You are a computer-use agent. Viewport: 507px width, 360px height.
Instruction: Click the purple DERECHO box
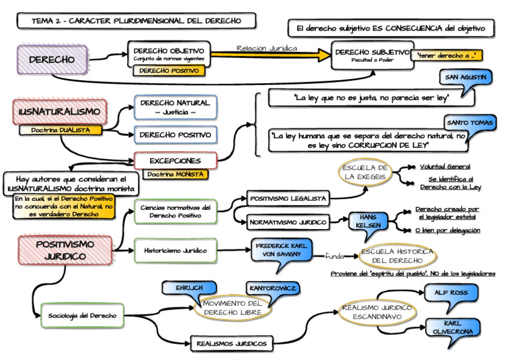coord(52,60)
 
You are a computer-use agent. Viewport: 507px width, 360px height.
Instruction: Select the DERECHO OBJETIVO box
coord(169,54)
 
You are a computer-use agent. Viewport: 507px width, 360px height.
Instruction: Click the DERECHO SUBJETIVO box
coord(372,55)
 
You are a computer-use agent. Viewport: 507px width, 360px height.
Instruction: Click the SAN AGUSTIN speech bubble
coord(466,78)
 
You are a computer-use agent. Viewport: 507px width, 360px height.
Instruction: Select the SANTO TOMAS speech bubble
coord(471,123)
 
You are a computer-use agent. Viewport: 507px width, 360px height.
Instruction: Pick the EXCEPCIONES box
coord(175,160)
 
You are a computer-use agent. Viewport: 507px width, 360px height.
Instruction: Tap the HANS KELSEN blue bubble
coord(365,220)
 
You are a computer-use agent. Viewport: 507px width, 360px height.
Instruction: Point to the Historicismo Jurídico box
coord(171,251)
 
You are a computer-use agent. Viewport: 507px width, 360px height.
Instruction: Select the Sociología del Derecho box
coord(83,315)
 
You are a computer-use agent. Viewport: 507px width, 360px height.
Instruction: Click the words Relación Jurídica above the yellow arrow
coord(266,48)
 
